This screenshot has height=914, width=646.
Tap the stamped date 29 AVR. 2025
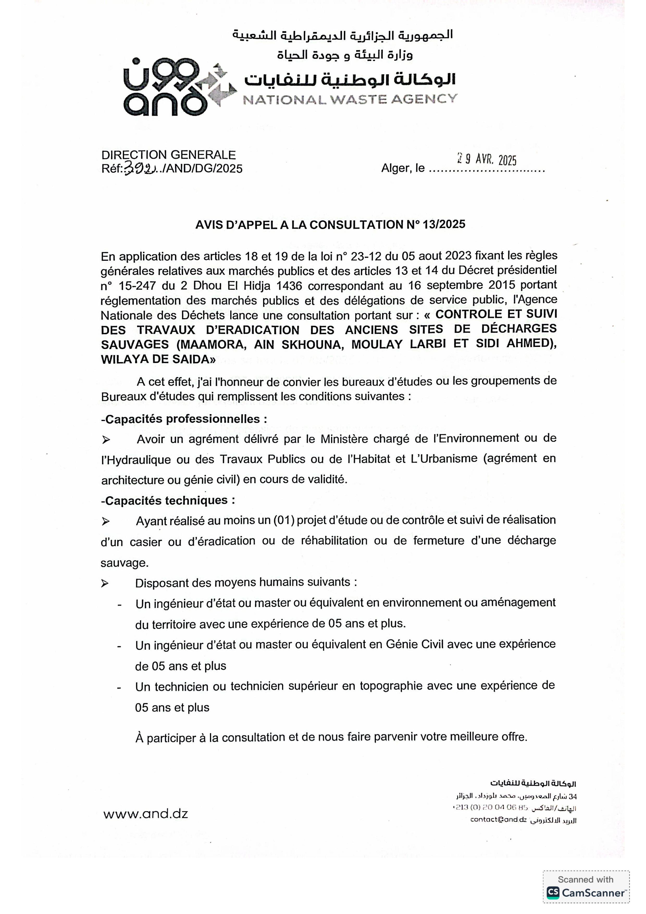pyautogui.click(x=486, y=160)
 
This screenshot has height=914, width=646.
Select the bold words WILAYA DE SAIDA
pyautogui.click(x=158, y=359)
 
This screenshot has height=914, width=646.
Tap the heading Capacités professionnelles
pyautogui.click(x=184, y=419)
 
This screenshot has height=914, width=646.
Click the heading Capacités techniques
pyautogui.click(x=168, y=500)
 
